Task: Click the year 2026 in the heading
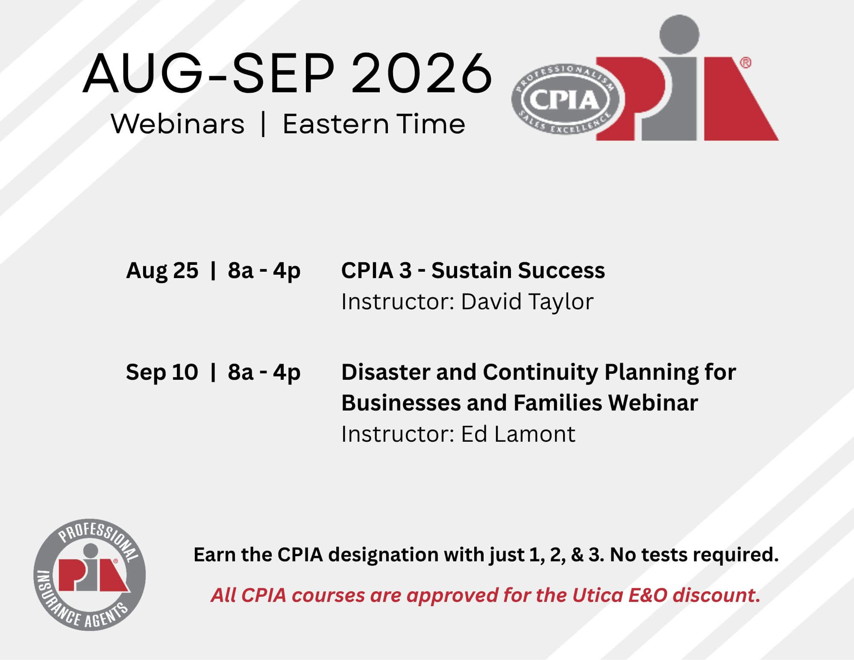422,73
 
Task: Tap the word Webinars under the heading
178,124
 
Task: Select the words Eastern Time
374,124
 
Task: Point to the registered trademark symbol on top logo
745,63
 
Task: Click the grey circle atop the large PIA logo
679,35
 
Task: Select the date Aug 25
162,270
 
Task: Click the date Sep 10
162,372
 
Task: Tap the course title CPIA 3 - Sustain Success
473,270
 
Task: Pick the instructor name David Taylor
527,302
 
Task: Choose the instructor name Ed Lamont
518,434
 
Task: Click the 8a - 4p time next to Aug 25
264,270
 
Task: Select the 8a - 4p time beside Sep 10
264,372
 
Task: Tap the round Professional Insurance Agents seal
90,575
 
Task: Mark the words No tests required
694,555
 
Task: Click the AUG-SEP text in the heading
208,73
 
